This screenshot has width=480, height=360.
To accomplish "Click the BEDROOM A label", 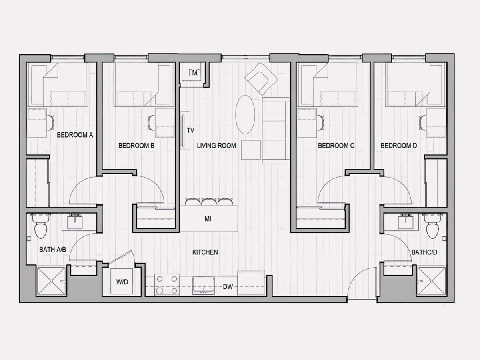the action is [x=75, y=135].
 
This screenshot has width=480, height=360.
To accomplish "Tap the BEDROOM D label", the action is [x=399, y=146].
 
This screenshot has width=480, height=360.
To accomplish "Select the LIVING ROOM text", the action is [x=216, y=146].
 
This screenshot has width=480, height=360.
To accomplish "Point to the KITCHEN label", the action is [x=205, y=252].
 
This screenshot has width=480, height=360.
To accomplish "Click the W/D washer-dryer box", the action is [x=122, y=282].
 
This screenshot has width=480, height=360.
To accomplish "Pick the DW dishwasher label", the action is [x=228, y=287].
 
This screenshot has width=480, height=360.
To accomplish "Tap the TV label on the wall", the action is [x=190, y=130].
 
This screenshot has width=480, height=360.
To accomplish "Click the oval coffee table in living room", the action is [x=245, y=114].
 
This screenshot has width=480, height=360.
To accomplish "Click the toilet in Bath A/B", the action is [x=41, y=230].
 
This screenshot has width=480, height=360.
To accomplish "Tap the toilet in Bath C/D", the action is [x=432, y=230].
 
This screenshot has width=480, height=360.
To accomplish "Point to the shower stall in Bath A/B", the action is [x=52, y=281].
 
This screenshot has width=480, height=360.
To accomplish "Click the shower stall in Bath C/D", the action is [x=432, y=281].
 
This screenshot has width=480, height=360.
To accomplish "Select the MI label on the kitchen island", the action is [x=208, y=219].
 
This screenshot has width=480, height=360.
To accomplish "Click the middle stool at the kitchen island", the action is [x=209, y=202].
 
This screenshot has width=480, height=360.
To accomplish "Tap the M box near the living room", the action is [x=194, y=72].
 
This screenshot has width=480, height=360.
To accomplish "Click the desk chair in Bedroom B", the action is [x=151, y=123].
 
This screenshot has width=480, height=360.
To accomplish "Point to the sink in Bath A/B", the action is [x=75, y=222].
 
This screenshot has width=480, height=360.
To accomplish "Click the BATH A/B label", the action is [x=52, y=249].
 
